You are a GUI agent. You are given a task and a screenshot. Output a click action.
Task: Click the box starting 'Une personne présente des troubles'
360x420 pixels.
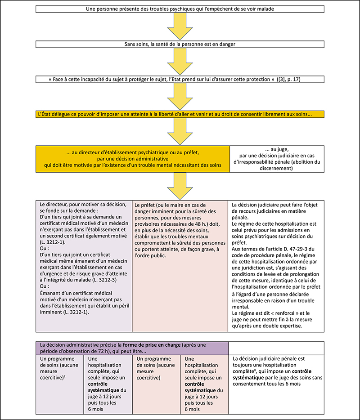click(180, 9)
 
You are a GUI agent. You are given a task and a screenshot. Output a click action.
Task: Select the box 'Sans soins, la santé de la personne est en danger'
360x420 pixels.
click(180, 44)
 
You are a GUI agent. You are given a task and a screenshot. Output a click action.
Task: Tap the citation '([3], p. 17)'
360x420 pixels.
click(289, 79)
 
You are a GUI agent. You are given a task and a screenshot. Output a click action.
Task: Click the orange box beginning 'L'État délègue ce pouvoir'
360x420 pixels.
click(180, 114)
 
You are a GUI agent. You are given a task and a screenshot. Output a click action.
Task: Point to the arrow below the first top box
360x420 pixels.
click(180, 27)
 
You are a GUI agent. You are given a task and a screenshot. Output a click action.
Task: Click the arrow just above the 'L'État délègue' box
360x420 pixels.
click(180, 96)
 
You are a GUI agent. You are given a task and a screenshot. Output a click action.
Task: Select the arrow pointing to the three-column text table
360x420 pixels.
click(180, 186)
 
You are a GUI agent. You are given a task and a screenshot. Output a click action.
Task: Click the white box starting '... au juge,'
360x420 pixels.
click(277, 159)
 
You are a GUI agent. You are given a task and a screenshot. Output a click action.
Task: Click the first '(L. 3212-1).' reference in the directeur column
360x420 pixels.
click(53, 242)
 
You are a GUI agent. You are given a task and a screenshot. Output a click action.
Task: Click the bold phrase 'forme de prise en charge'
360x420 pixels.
click(152, 345)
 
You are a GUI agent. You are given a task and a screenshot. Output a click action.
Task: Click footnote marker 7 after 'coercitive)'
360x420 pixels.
click(65, 377)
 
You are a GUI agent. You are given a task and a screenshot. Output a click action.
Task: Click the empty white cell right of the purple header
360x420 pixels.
click(276, 348)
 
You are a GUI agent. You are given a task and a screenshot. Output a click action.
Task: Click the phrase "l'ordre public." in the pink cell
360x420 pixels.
click(150, 255)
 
